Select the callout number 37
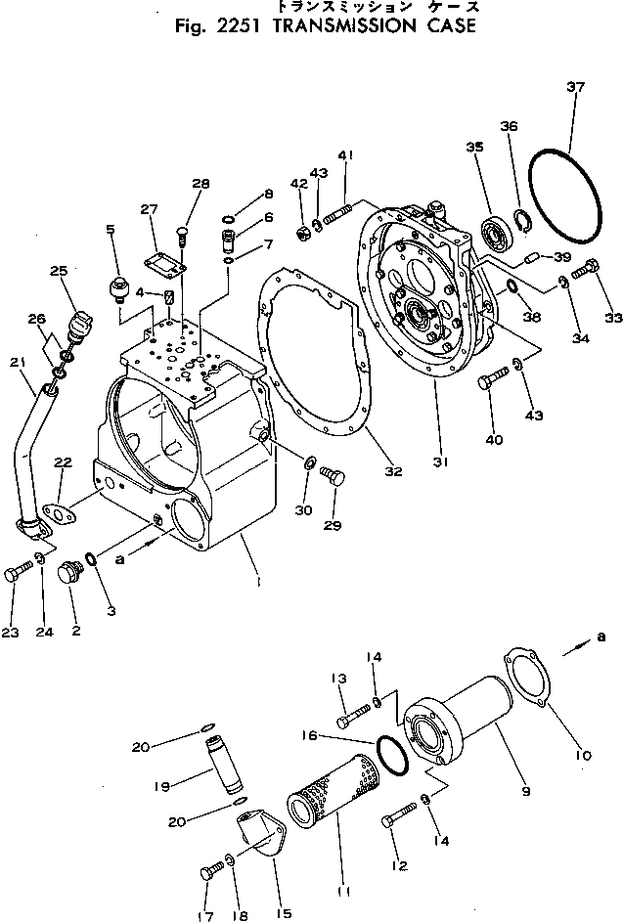(x=575, y=88)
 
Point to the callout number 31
(x=441, y=463)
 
